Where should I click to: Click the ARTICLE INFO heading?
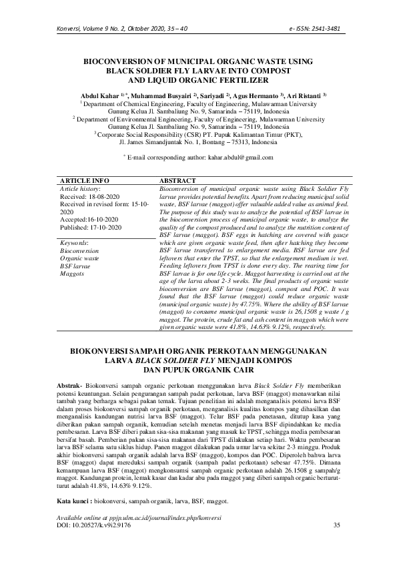point(85,181)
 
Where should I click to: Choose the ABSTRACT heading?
point(178,181)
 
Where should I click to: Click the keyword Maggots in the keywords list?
point(72,274)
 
